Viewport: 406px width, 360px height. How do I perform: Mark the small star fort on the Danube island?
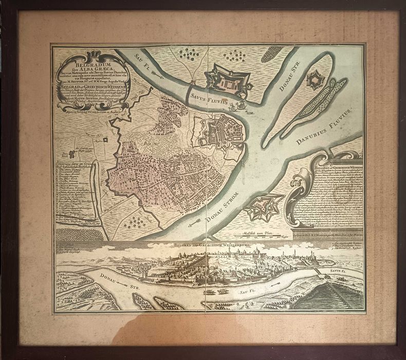(x=314, y=80)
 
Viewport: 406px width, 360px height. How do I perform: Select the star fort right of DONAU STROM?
(x=264, y=206)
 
